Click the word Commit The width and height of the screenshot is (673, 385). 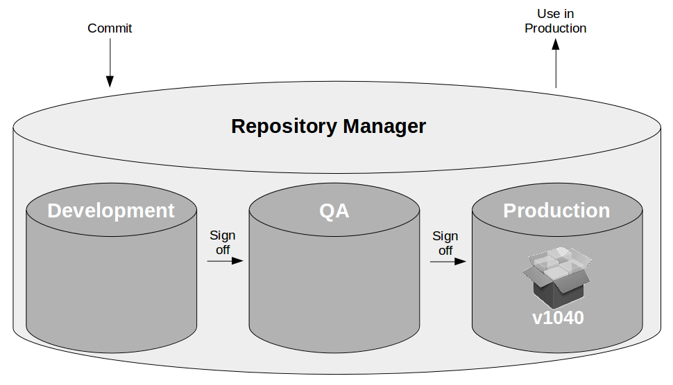pyautogui.click(x=110, y=28)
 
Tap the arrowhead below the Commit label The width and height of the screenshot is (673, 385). pyautogui.click(x=110, y=82)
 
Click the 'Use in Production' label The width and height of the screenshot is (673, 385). pyautogui.click(x=555, y=21)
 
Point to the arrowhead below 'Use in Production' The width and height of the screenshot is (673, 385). pyautogui.click(x=556, y=44)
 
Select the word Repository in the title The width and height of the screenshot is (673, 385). pyautogui.click(x=284, y=127)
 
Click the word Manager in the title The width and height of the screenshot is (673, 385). pyautogui.click(x=384, y=127)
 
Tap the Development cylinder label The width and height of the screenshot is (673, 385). pyautogui.click(x=111, y=211)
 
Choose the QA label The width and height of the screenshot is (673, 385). pyautogui.click(x=334, y=211)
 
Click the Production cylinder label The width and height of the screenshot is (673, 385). pyautogui.click(x=556, y=211)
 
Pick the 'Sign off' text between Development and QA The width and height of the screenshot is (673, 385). pyautogui.click(x=222, y=242)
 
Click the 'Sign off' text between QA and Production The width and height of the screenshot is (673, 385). pyautogui.click(x=445, y=243)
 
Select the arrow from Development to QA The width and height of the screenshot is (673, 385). pyautogui.click(x=225, y=261)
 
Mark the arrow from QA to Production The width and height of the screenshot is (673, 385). pyautogui.click(x=448, y=261)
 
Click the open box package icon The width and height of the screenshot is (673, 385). pyautogui.click(x=556, y=277)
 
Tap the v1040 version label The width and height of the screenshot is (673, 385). pyautogui.click(x=558, y=318)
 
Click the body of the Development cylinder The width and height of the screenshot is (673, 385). pyautogui.click(x=111, y=292)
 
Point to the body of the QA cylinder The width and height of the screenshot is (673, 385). pyautogui.click(x=334, y=292)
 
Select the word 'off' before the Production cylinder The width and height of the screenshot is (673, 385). pyautogui.click(x=445, y=251)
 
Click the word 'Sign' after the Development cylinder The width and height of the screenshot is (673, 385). pyautogui.click(x=222, y=236)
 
